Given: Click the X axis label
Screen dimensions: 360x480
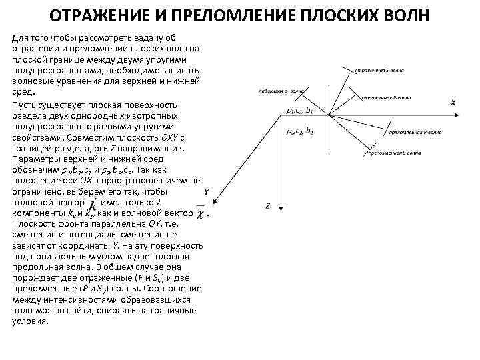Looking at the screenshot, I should tap(453, 103).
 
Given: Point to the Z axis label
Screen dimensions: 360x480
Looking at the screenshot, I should tap(267, 206).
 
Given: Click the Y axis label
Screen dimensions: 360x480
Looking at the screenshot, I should tap(207, 192).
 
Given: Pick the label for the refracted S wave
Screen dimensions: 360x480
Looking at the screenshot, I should tap(395, 153).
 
